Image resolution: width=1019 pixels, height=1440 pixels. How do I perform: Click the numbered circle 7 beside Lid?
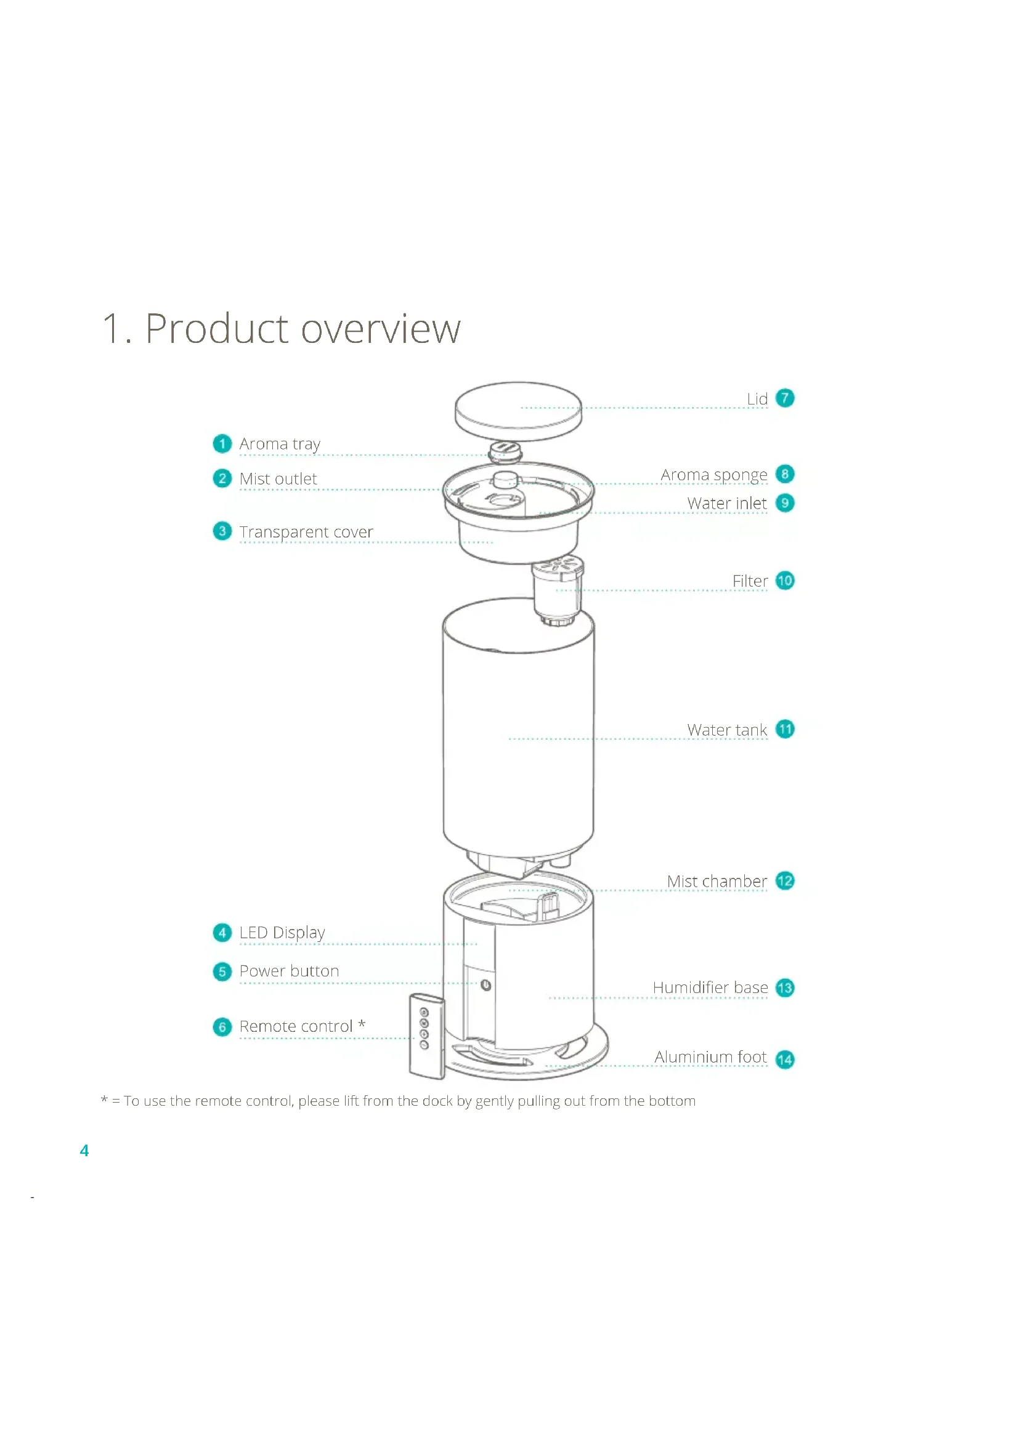tap(784, 398)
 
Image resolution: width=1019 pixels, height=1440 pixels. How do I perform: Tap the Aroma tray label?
tap(280, 444)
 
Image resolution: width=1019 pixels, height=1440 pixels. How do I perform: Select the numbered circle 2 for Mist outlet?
tap(222, 478)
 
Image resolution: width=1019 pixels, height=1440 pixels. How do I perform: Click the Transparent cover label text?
tap(306, 532)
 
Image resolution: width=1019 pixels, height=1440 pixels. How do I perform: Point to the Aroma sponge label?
tap(713, 475)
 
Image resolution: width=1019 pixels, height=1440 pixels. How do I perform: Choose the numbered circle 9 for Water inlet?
tap(784, 503)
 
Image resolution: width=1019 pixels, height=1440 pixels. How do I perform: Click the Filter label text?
tap(750, 581)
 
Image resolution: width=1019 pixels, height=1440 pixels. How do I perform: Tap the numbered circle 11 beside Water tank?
tap(784, 730)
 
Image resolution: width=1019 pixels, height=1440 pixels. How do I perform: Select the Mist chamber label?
tap(717, 881)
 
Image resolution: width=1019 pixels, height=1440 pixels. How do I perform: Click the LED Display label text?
tap(282, 933)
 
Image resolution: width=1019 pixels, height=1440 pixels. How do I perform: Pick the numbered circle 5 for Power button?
tap(222, 971)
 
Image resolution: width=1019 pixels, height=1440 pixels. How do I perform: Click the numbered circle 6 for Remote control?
tap(222, 1027)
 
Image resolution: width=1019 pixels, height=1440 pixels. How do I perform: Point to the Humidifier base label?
tap(710, 987)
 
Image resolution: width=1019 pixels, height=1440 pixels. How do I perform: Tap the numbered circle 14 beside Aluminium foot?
tap(784, 1060)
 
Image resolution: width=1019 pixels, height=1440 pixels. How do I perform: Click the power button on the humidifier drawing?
tap(485, 985)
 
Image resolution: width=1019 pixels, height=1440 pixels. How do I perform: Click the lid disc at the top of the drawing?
tap(518, 411)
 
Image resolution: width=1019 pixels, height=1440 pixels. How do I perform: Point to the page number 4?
tap(84, 1150)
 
